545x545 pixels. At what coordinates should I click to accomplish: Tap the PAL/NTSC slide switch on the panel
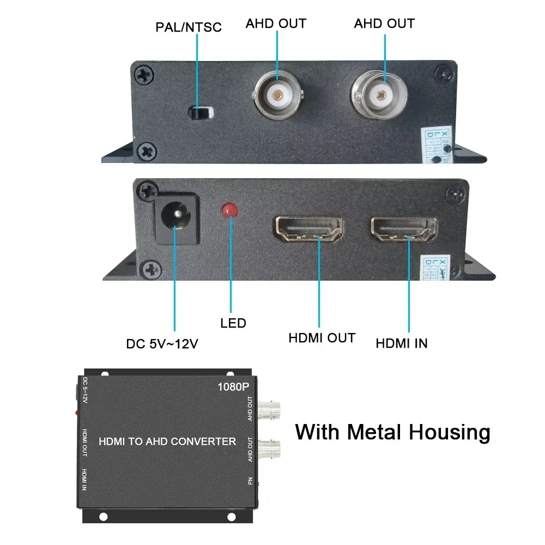pyautogui.click(x=200, y=113)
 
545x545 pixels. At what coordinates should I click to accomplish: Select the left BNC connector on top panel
pyautogui.click(x=278, y=95)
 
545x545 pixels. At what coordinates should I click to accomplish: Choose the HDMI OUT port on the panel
pyautogui.click(x=308, y=229)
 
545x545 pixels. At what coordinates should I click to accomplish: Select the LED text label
pyautogui.click(x=233, y=323)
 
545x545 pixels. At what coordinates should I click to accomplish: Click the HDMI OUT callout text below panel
pyautogui.click(x=322, y=338)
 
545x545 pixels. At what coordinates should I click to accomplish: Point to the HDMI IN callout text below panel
pyautogui.click(x=402, y=343)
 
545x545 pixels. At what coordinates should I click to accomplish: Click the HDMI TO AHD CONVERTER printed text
pyautogui.click(x=167, y=441)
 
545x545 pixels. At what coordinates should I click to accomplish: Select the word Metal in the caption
pyautogui.click(x=376, y=432)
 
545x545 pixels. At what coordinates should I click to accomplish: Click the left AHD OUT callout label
pyautogui.click(x=276, y=23)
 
